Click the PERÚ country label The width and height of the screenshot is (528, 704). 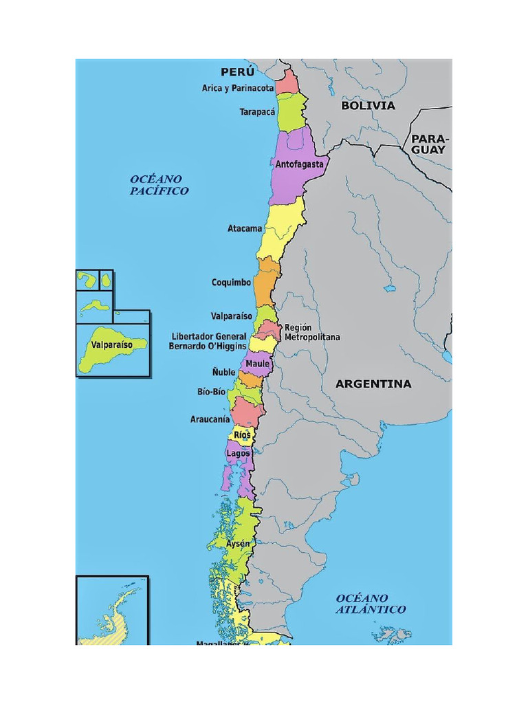point(237,72)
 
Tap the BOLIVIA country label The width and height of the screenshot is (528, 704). point(368,106)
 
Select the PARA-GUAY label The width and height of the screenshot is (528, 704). point(428,144)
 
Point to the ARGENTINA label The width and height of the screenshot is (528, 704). point(373,384)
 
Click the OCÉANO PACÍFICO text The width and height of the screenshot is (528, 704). point(159,185)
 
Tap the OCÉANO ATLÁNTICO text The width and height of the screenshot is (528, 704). point(371,604)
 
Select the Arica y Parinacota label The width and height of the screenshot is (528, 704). point(238,88)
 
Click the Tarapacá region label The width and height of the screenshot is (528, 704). point(257,111)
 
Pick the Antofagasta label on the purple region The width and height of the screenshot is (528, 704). point(299,165)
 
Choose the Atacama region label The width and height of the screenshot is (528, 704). point(245,228)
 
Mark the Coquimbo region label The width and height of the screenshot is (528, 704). point(232,283)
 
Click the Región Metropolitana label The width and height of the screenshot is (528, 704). point(311,333)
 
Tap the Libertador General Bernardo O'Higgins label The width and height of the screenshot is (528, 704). point(208,342)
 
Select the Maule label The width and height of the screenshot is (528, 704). point(258,363)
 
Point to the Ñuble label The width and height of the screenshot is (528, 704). point(223,372)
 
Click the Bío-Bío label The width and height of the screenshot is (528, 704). point(211,392)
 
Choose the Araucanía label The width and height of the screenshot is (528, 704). point(210,419)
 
